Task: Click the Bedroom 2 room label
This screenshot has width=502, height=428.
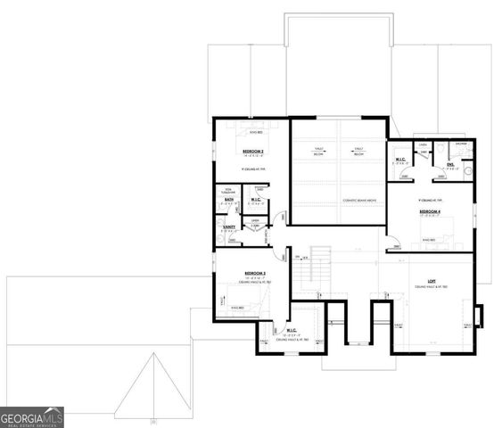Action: pos(255,273)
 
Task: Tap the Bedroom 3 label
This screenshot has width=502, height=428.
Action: pos(253,152)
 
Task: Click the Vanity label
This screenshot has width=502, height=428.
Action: pos(228,227)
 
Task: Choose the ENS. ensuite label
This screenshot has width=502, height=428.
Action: pos(452,163)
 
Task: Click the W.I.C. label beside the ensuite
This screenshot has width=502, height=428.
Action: pos(400,160)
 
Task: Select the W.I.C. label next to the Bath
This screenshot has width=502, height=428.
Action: pos(255,200)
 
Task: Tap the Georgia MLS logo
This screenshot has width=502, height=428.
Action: pos(32,416)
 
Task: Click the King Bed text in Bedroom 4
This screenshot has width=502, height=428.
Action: pos(429,240)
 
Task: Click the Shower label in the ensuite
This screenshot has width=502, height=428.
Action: pos(461,143)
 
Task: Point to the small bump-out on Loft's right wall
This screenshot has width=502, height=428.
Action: pos(481,317)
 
